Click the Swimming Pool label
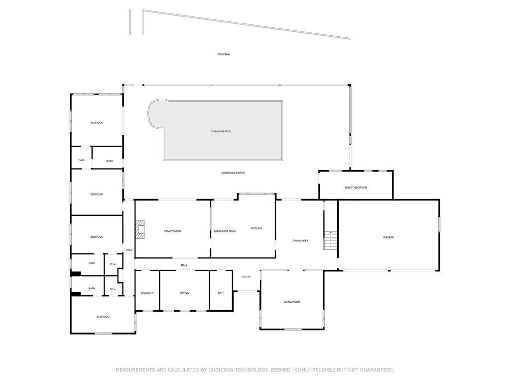221,131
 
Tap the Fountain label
224,54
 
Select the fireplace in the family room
140,230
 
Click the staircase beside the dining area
331,240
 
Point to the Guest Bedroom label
356,188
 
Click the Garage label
388,237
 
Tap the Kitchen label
256,228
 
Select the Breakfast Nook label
225,231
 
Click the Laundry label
147,293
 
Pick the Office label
184,293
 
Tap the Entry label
247,277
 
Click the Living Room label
292,302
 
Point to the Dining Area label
300,241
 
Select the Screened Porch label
233,173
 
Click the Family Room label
173,231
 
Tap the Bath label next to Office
221,293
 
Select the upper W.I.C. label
113,264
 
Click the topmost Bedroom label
97,123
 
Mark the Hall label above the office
184,265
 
